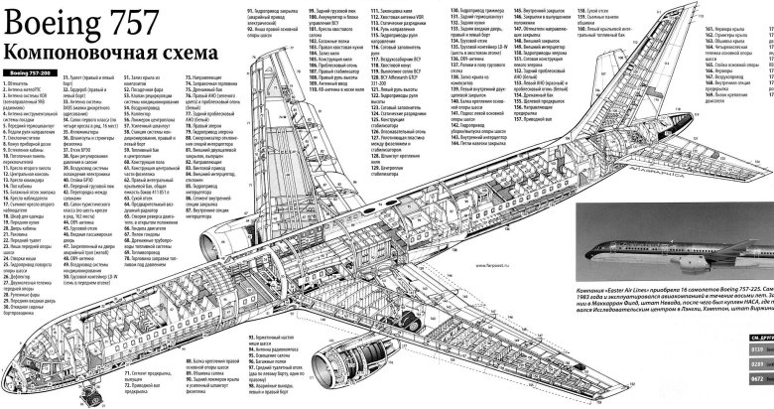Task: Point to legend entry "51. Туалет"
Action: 83,76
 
